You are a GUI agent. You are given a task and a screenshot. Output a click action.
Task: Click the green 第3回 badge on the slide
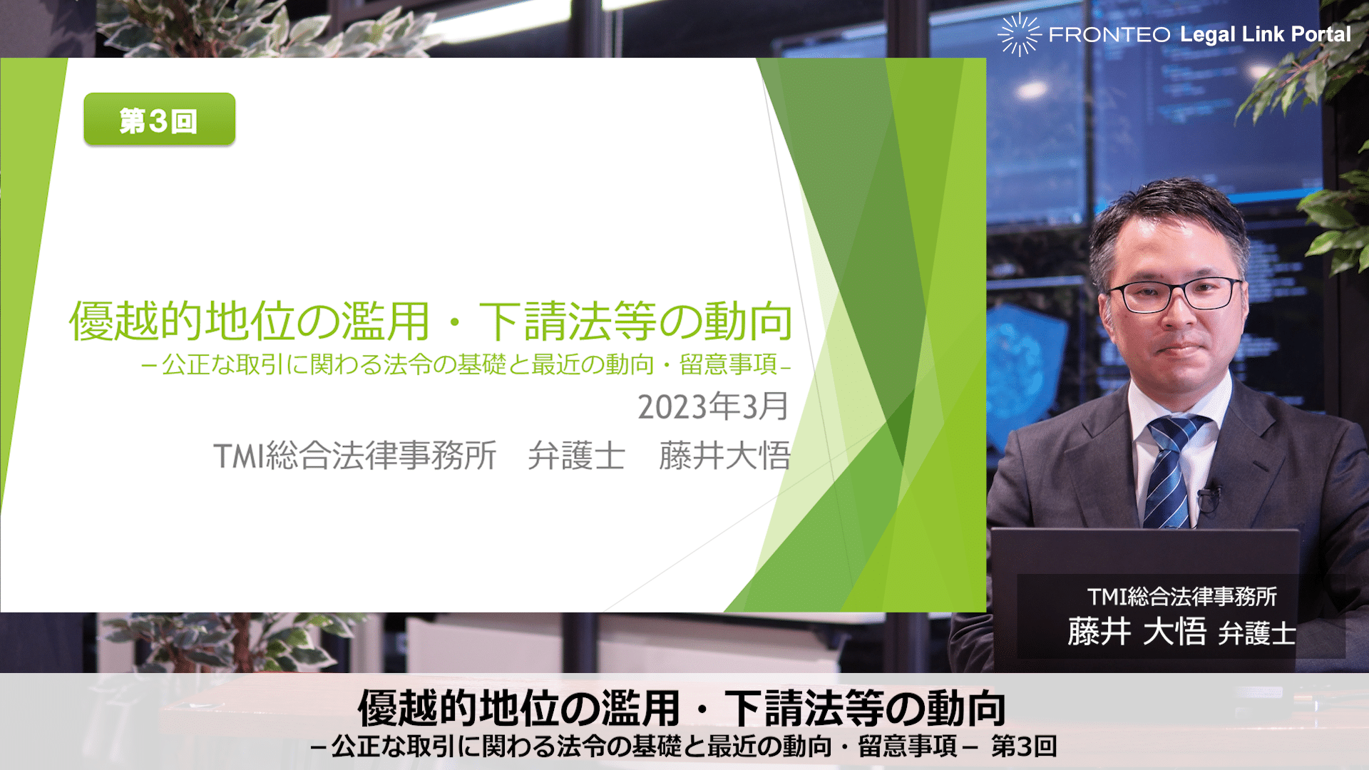[159, 120]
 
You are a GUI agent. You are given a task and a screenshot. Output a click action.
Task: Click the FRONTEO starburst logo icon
[1019, 34]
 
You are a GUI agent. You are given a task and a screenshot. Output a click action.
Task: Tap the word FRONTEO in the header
[1109, 34]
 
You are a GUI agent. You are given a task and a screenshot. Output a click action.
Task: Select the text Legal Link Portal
[1266, 34]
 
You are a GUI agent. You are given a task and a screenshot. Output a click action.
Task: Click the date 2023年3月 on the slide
[713, 406]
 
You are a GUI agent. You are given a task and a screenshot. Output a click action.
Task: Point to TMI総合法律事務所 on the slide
[355, 456]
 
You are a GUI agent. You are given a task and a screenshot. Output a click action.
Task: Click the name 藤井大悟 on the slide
[724, 456]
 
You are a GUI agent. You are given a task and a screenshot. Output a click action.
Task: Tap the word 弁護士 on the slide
[576, 456]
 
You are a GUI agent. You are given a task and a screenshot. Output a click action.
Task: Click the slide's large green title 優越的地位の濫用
[250, 321]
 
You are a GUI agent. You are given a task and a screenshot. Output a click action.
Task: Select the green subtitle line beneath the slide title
[466, 364]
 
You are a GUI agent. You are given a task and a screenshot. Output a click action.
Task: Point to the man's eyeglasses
[1176, 294]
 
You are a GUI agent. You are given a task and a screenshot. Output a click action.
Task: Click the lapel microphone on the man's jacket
[1209, 498]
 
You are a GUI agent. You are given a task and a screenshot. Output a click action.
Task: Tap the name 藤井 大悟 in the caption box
[1137, 632]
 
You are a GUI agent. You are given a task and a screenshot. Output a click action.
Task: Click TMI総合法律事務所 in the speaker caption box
[1181, 596]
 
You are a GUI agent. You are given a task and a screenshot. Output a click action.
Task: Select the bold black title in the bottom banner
[682, 708]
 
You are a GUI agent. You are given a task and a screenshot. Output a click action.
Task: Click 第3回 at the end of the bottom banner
[1024, 746]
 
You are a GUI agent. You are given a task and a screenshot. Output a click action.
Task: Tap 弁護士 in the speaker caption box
[1257, 633]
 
